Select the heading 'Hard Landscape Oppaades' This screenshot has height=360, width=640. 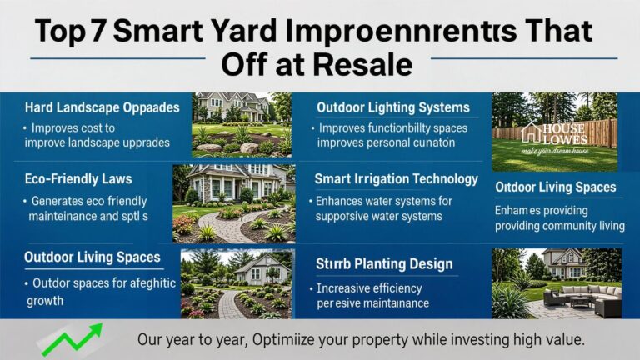point(102,107)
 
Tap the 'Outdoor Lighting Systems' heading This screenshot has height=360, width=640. point(393,107)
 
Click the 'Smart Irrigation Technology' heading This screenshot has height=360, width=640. point(396,179)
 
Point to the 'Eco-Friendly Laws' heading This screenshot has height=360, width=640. point(78,179)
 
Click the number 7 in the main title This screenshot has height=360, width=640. point(99,32)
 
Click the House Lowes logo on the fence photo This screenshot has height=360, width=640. point(553,133)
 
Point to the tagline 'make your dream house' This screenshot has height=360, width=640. point(553,152)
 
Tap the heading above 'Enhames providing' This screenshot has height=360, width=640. point(555,187)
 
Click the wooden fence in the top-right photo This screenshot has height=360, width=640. point(600,130)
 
